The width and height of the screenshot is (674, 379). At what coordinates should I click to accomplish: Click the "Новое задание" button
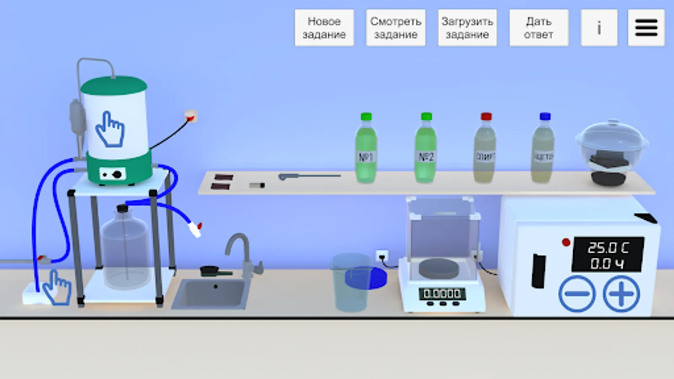(x=324, y=28)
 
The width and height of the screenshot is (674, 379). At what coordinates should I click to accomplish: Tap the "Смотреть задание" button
(x=396, y=28)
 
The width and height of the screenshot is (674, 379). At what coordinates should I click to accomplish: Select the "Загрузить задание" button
(x=467, y=28)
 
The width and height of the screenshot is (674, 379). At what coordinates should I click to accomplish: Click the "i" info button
(x=599, y=28)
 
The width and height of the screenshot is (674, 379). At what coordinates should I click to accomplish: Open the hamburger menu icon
(x=646, y=28)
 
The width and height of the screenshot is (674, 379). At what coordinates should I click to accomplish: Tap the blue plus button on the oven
(x=621, y=294)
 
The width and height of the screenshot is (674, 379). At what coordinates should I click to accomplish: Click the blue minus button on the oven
(x=577, y=294)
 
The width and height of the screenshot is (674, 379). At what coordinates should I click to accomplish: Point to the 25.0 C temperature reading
(x=608, y=248)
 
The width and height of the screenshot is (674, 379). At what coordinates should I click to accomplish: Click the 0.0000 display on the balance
(x=442, y=293)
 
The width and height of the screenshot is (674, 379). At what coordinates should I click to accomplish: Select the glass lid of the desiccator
(x=612, y=139)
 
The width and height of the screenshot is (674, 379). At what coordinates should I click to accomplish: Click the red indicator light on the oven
(x=566, y=242)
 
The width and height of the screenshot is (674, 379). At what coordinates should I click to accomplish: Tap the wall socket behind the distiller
(x=190, y=116)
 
